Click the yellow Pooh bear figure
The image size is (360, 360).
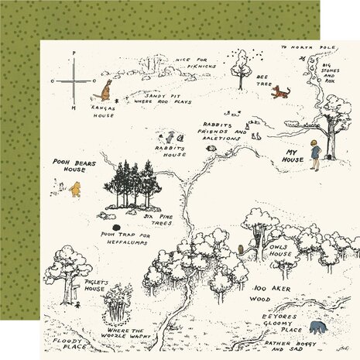[75, 189]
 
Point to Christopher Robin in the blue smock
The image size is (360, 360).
[316, 154]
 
